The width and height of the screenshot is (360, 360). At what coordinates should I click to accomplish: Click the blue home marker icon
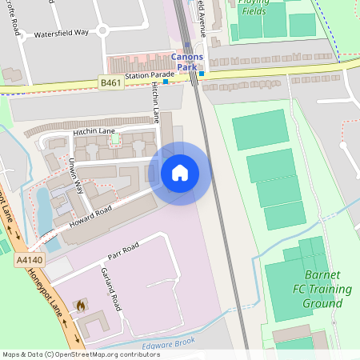click(180, 173)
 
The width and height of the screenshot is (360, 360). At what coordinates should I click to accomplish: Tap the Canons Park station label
click(187, 62)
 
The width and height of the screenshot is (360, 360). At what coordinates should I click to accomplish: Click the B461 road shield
click(111, 82)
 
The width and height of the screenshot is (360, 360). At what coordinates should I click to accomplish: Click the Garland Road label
click(110, 289)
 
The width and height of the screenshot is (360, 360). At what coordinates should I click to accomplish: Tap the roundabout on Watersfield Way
click(102, 31)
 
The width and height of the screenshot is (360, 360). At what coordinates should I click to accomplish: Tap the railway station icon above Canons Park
click(187, 46)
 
